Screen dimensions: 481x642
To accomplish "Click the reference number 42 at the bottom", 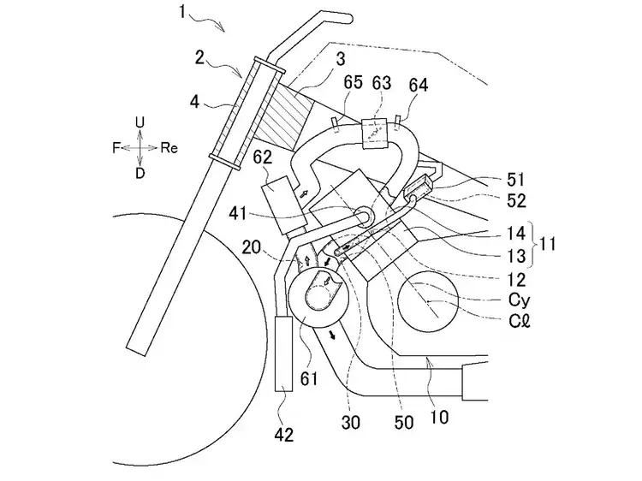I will (x=283, y=435).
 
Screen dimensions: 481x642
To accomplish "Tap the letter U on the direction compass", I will (x=140, y=123).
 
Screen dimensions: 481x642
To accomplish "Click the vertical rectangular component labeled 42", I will (x=284, y=351).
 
